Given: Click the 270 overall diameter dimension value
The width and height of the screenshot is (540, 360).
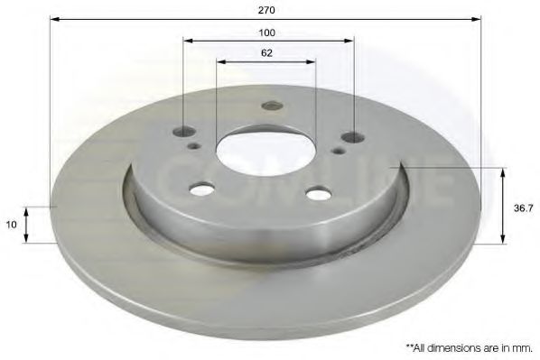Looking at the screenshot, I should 265,10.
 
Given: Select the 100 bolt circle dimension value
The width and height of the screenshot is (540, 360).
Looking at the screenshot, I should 266,32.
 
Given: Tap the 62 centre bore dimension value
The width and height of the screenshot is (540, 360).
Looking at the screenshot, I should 266,53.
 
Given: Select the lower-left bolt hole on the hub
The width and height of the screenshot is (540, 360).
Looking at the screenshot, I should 202,189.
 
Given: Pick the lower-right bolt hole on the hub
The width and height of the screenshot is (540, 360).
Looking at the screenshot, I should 318,193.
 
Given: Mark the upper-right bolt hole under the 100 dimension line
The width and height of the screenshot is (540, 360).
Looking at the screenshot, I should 352,138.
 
